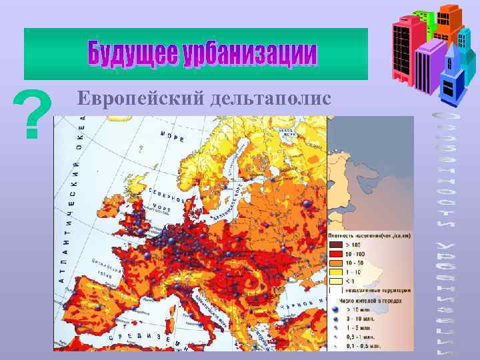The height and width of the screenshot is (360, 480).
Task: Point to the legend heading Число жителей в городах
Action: tap(370, 300)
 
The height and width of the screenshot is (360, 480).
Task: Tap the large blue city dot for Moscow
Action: tap(307, 203)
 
